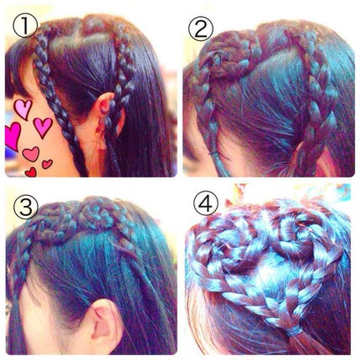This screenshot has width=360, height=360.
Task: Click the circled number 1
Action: [x=25, y=26]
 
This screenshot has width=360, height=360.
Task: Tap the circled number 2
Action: [x=200, y=29]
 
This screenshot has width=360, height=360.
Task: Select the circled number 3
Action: [x=25, y=207]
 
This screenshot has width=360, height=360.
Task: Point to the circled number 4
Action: [x=207, y=204]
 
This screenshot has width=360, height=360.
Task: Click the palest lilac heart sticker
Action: [x=23, y=109]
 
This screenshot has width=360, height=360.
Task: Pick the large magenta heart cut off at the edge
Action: [x=13, y=136]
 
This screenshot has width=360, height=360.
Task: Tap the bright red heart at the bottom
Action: [x=31, y=172]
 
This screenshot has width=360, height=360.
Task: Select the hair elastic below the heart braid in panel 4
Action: [x=293, y=331]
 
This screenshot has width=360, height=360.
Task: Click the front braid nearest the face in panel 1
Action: [x=56, y=98]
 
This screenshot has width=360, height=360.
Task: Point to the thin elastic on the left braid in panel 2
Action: [x=214, y=153]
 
